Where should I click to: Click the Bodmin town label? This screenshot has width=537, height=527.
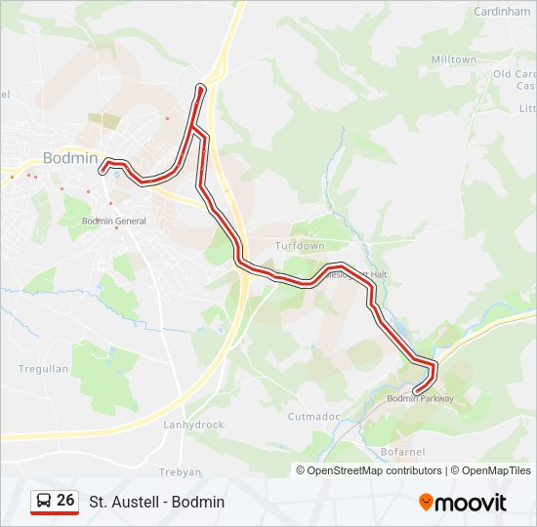[70, 158]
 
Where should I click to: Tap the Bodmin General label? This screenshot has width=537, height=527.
[114, 222]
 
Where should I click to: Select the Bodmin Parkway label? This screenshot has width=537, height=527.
[421, 398]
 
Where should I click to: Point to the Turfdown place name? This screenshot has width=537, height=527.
[300, 246]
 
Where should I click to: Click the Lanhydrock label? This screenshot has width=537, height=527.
[194, 426]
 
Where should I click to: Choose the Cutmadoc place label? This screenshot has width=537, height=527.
[313, 416]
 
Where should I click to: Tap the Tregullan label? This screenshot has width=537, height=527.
[44, 369]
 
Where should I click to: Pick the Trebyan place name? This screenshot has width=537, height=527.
[180, 471]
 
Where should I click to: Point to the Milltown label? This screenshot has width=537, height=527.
[454, 60]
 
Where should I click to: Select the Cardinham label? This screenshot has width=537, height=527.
[502, 12]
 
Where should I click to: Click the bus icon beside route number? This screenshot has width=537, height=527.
[43, 502]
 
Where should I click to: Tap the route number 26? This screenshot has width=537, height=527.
[65, 501]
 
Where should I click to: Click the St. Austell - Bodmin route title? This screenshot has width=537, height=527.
[157, 502]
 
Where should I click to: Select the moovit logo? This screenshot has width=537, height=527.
[463, 503]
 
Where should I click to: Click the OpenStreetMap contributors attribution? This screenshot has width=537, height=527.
[368, 470]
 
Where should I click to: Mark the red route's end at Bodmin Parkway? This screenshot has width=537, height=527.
[417, 392]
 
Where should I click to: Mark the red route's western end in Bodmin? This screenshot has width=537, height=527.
[102, 171]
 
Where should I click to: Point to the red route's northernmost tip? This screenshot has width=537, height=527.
[201, 87]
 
